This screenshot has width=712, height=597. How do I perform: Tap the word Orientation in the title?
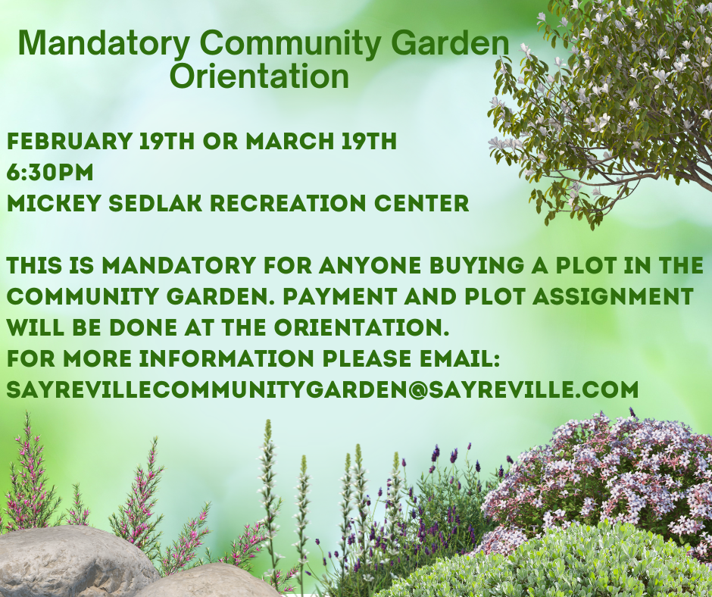[x=259, y=77]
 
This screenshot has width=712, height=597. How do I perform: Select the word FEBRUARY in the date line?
[x=70, y=141]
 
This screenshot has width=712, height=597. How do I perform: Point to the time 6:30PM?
[x=50, y=172]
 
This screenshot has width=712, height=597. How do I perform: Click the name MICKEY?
[x=54, y=203]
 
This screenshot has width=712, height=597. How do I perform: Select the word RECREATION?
[x=288, y=203]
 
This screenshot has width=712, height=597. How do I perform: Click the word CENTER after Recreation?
[x=421, y=203]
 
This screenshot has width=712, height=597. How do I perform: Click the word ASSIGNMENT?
[x=613, y=297]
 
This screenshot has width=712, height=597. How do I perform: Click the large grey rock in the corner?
[x=75, y=562]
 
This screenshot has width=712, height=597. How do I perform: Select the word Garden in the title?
[x=450, y=44]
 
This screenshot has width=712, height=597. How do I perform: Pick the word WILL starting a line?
[x=36, y=327]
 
